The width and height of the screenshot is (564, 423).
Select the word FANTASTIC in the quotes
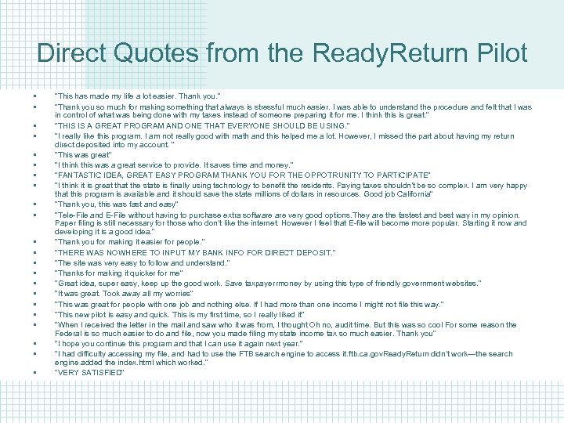click(79, 175)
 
